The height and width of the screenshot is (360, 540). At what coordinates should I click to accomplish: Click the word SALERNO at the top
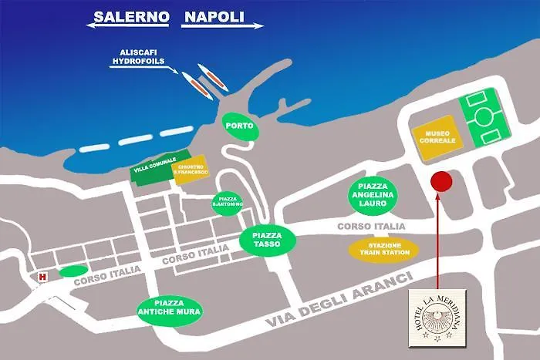[x=129, y=15]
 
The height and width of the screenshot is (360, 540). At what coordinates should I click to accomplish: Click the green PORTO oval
[x=239, y=126]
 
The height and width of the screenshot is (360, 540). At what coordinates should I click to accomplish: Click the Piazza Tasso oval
[x=267, y=239]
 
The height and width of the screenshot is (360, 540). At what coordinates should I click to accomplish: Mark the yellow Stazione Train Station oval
[x=383, y=249]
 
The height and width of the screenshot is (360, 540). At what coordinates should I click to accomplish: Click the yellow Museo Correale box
[x=437, y=138]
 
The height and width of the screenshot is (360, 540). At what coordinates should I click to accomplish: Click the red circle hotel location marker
[x=440, y=182]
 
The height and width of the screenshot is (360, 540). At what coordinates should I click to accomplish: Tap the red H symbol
[x=43, y=277]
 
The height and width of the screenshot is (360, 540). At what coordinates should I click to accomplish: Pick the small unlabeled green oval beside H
[x=73, y=271]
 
